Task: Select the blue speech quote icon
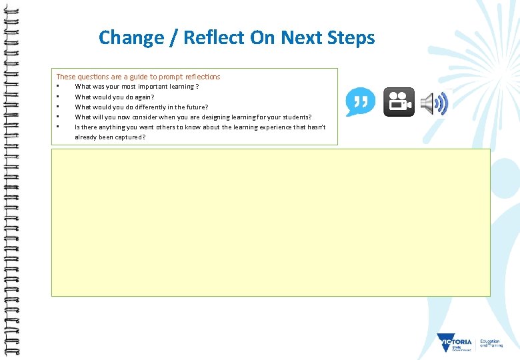[360, 102]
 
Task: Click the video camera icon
[399, 102]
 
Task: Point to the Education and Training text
[491, 343]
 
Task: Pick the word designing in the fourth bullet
[209, 117]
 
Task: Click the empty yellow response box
[271, 222]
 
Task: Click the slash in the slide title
[175, 37]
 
